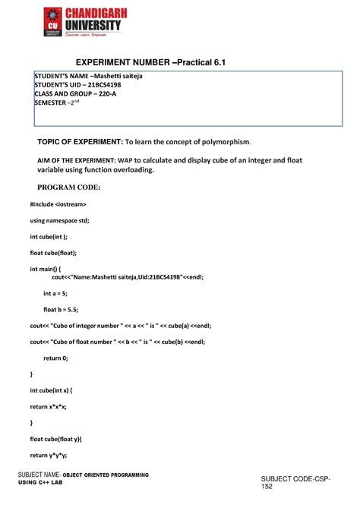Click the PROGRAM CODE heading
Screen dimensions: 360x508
pos(69,187)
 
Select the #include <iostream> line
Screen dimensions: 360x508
pos(58,204)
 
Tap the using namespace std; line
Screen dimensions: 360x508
pos(59,220)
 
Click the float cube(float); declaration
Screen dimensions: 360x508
pos(53,253)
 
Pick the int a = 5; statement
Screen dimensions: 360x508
pos(58,293)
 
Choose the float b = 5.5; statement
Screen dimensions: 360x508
pos(61,309)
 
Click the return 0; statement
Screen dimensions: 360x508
pos(55,358)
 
